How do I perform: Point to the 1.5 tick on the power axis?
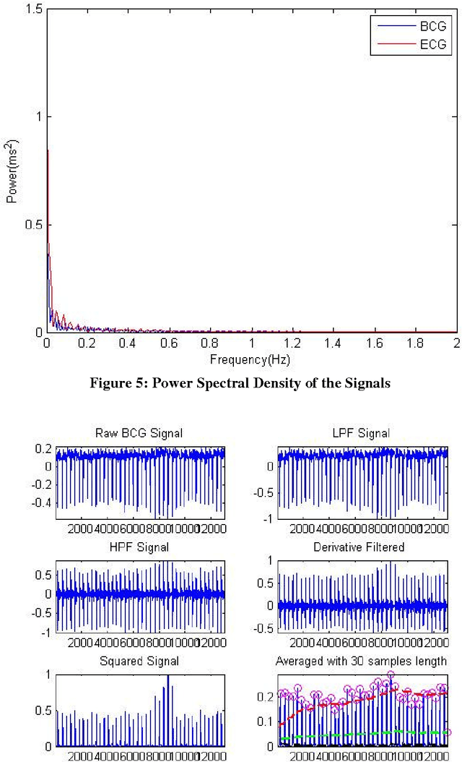click(x=34, y=8)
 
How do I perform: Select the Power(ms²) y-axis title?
click(x=12, y=170)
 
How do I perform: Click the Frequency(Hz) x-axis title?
click(x=250, y=359)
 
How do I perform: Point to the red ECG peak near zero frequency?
click(x=48, y=152)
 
